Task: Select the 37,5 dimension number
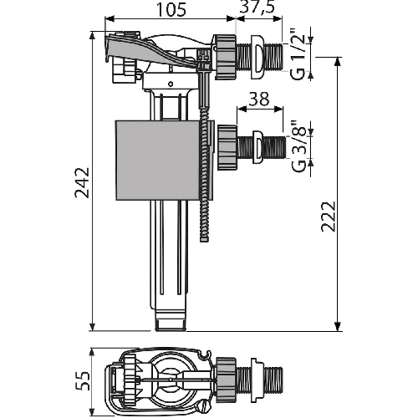(x=257, y=7)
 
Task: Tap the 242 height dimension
(x=83, y=182)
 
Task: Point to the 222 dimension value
(x=328, y=217)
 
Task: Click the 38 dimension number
(x=259, y=99)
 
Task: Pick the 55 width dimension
(x=83, y=380)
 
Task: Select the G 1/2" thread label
(x=298, y=54)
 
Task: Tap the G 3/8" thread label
(x=298, y=146)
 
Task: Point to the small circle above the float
(x=171, y=84)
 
